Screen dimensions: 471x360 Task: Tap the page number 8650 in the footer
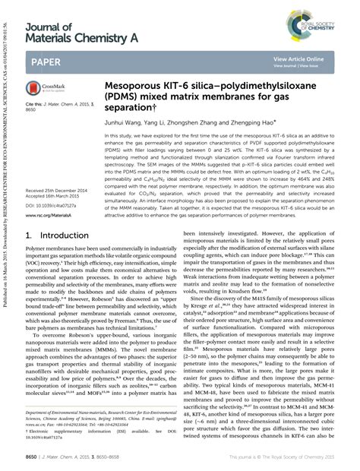(x=35, y=459)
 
